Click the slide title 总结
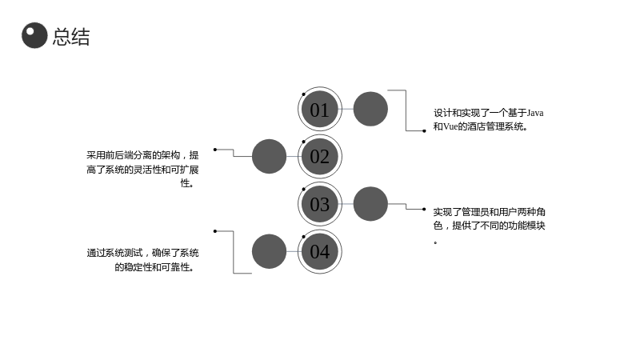click(x=71, y=37)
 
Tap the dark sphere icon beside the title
click(x=34, y=35)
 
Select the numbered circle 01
click(x=319, y=109)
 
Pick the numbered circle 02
click(x=319, y=156)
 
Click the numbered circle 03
click(x=319, y=204)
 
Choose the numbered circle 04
click(x=319, y=251)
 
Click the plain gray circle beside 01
click(x=370, y=109)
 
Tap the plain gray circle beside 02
click(x=269, y=156)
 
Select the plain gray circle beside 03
click(x=370, y=204)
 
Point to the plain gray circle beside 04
click(x=269, y=251)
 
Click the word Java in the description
click(x=535, y=113)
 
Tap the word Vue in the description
click(x=450, y=126)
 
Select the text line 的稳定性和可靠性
click(x=154, y=267)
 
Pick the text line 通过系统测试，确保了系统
click(x=142, y=253)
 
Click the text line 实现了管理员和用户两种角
click(x=489, y=212)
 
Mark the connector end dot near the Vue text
click(x=425, y=131)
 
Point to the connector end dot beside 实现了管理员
click(x=425, y=210)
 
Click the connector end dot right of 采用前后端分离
click(x=215, y=150)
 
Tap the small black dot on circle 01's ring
click(x=304, y=94)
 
